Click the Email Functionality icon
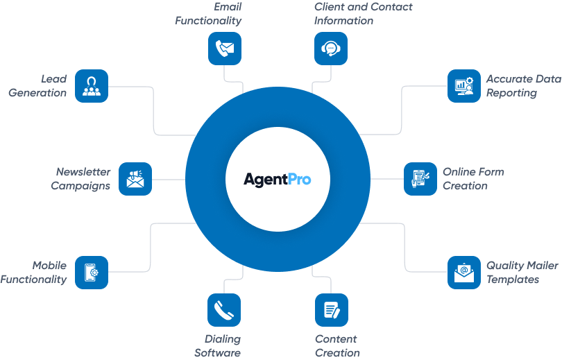coord(225,49)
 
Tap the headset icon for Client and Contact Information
coord(331,49)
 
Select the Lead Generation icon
coord(92,86)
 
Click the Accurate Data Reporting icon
coord(463,86)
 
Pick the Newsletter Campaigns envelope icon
coord(135,179)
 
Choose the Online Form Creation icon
coord(420,179)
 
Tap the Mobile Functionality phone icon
coord(92,272)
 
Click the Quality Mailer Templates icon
coord(463,272)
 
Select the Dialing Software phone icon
coord(224,310)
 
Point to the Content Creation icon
coord(332,310)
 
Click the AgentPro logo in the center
coord(277,179)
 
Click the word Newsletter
coord(83,172)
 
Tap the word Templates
coord(513,280)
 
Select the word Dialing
coord(223,339)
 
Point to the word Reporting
coord(511,93)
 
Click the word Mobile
coord(49,266)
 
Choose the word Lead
coord(53,79)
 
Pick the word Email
coord(228,7)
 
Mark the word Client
coord(328,7)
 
